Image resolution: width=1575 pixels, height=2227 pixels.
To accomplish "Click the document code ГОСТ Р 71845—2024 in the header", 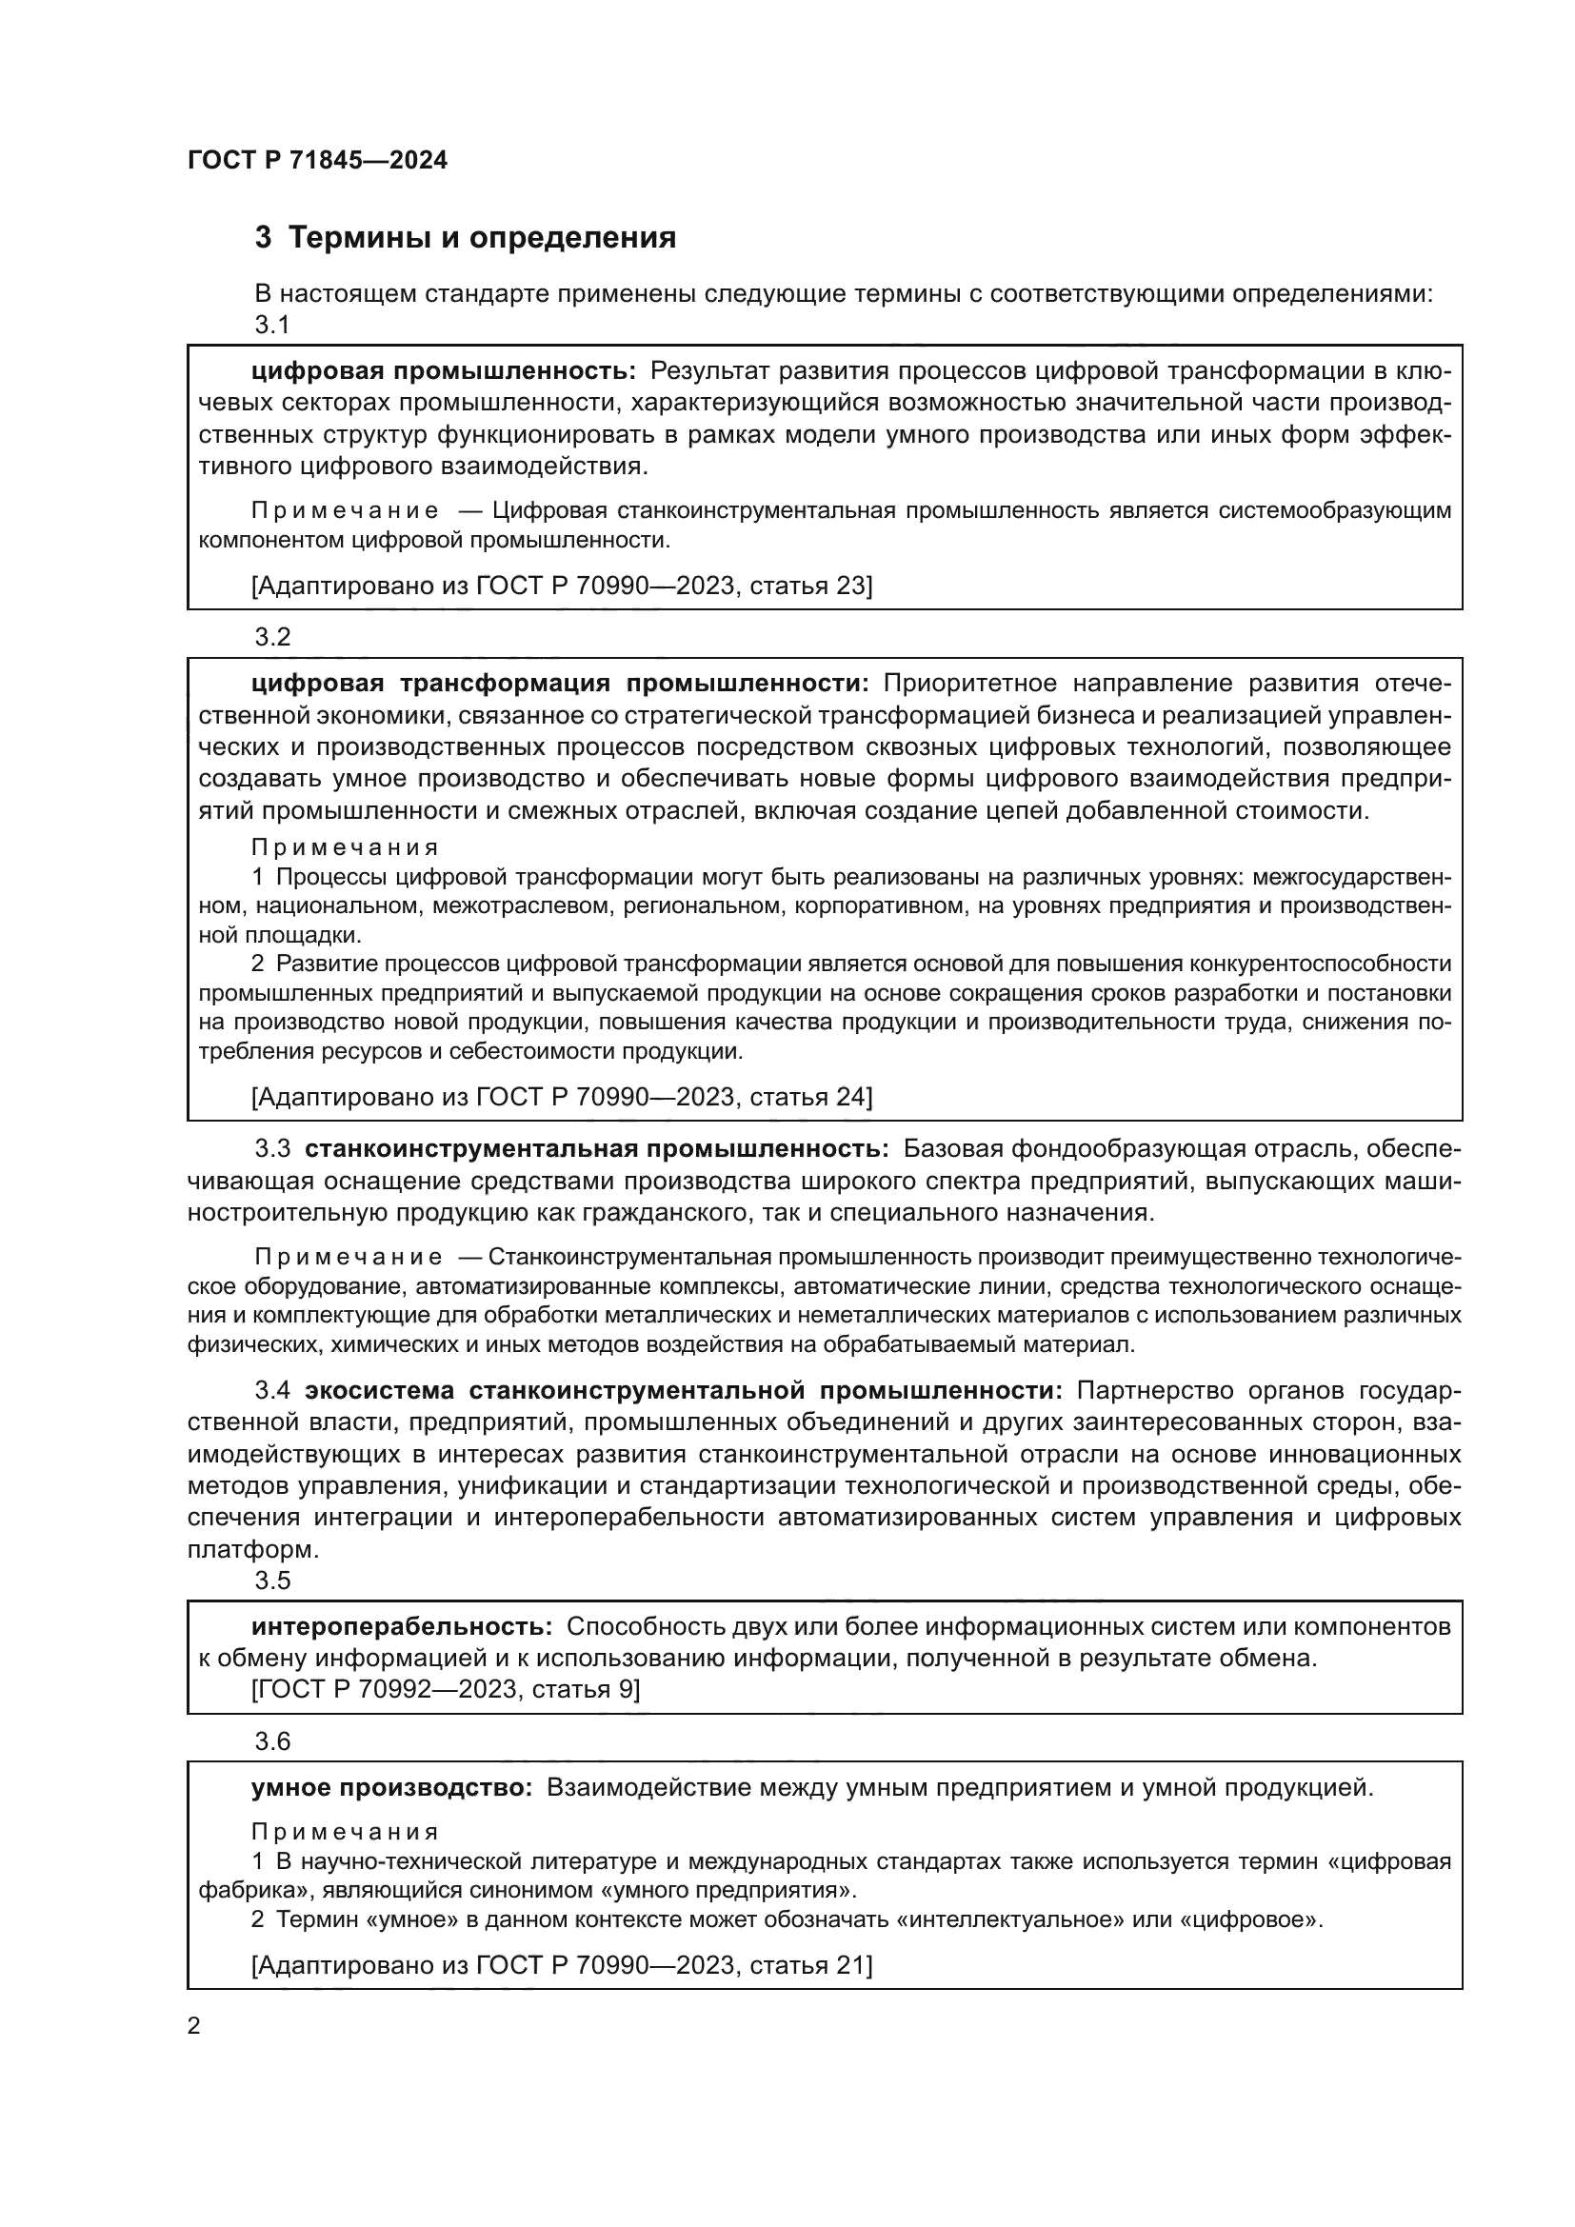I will point(317,161).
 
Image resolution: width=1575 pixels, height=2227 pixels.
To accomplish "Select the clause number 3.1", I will point(271,325).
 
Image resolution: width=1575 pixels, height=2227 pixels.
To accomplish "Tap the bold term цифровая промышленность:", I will point(443,370).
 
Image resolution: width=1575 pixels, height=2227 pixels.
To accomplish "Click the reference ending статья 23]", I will point(562,586).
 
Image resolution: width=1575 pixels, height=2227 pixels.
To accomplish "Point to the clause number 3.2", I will point(271,637).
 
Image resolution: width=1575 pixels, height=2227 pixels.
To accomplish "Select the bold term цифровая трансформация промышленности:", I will point(561,684).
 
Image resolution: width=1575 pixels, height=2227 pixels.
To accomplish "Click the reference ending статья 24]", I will point(562,1097).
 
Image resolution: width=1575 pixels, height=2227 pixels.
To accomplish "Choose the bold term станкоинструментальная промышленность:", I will point(596,1149).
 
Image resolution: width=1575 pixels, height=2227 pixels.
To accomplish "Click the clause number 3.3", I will point(272,1149).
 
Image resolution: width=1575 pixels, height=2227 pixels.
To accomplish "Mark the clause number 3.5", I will point(271,1581).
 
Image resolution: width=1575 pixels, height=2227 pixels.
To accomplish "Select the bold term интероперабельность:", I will point(402,1626).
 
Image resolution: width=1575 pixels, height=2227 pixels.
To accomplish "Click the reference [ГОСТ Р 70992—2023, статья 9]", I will point(445,1690).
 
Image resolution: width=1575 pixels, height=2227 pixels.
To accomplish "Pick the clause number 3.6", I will point(271,1741).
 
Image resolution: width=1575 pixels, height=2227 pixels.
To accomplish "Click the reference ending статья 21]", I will point(562,1964).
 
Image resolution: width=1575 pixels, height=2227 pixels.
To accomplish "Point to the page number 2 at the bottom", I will point(194,2027).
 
